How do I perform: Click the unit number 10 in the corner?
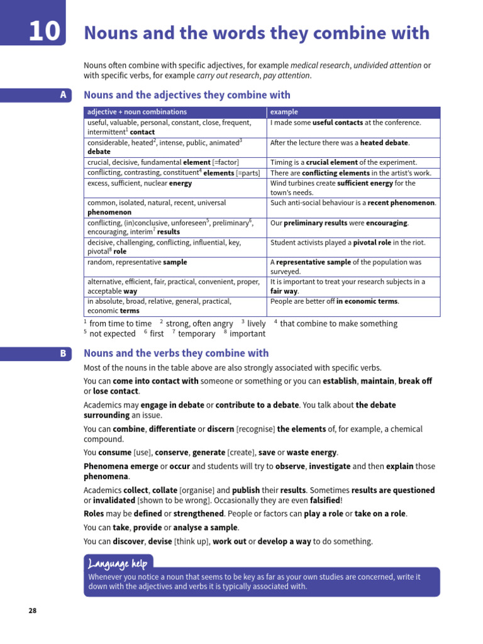click(44, 31)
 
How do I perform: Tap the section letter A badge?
click(62, 95)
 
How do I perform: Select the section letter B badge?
click(63, 353)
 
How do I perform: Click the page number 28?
click(33, 610)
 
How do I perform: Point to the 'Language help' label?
click(118, 562)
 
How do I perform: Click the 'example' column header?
click(284, 112)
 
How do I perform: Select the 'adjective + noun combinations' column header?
click(137, 112)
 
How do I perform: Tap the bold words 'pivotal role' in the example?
click(375, 242)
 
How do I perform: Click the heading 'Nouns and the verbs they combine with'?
click(176, 353)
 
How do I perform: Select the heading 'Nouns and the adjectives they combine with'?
click(187, 95)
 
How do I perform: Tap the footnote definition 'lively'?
click(257, 324)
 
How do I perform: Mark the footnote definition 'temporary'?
click(196, 334)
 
